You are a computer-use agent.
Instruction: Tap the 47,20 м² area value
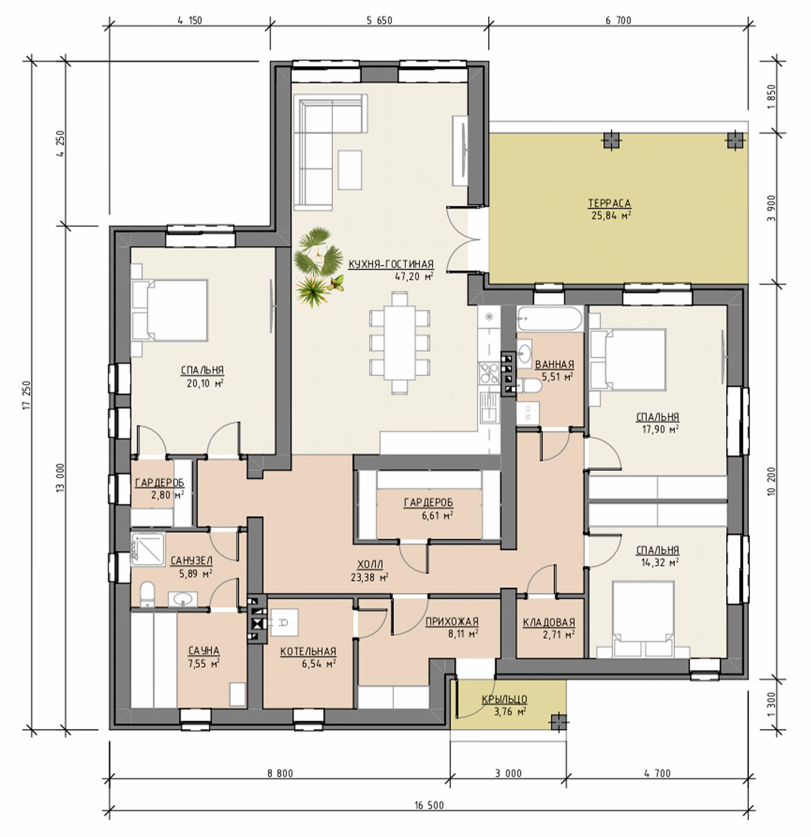point(414,276)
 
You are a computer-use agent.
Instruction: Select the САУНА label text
point(204,650)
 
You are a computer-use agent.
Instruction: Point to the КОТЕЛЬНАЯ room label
point(308,651)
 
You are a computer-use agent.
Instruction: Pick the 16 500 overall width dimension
point(429,805)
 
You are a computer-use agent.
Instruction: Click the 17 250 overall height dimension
point(28,395)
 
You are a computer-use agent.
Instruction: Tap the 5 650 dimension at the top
point(379,21)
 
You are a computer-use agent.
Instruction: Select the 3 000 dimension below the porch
point(508,773)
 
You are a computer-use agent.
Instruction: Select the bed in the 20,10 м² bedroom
point(170,310)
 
